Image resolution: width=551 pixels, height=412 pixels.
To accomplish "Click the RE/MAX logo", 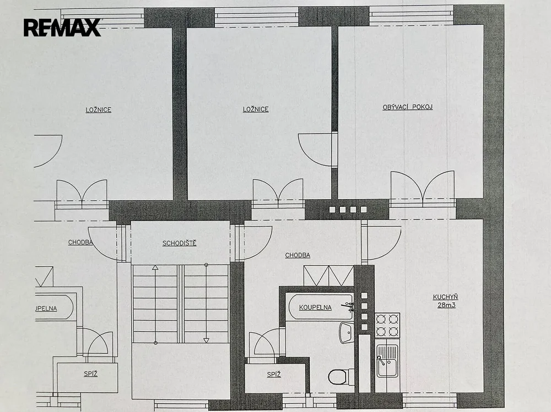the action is point(62,28).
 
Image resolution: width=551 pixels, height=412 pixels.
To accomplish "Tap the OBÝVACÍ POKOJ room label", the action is point(408,107).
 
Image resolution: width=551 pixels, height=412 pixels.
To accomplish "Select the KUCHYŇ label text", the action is point(445,297).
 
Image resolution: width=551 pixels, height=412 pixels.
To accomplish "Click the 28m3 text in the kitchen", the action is point(446,305).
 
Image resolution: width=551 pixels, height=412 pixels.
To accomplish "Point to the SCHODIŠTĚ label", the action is point(179,243).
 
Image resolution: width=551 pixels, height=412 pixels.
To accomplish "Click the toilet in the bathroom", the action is point(341,377).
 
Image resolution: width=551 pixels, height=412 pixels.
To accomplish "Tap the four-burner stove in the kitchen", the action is point(387,325).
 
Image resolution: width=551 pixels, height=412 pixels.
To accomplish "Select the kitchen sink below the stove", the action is point(387,360).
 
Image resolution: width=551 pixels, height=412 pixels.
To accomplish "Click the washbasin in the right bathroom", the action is point(347,333).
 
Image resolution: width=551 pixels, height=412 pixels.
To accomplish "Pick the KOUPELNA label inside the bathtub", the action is point(315,307).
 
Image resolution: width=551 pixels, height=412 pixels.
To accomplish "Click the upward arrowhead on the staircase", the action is point(155,268).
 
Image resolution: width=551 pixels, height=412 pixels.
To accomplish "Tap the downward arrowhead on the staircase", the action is point(206,340).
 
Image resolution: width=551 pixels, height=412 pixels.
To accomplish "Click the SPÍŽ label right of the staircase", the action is point(274,375).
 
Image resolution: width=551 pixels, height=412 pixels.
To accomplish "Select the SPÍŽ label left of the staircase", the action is point(91,373).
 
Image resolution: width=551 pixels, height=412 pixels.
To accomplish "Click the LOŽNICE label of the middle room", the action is point(256,109).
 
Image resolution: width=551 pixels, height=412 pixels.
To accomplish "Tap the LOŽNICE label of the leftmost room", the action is point(99,110).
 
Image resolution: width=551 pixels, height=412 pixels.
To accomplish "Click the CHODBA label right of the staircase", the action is point(298,255).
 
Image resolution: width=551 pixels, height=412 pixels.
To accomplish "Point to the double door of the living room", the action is point(423,186).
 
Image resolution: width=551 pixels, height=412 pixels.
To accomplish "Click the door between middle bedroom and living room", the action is point(315,150).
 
